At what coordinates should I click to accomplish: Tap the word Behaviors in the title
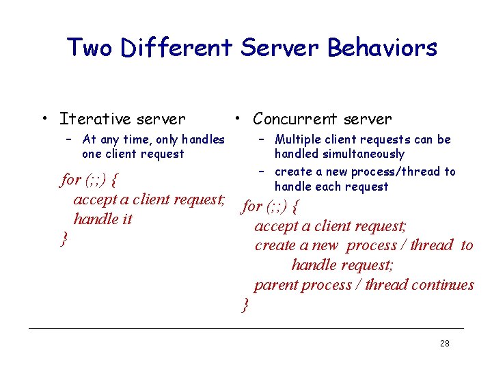pos(382,48)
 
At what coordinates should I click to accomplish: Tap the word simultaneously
pos(339,154)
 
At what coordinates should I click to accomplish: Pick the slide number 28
pos(445,344)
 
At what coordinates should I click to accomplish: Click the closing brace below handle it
pos(64,238)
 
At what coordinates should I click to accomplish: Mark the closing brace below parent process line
pos(246,305)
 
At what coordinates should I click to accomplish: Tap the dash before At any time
pos(69,139)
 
